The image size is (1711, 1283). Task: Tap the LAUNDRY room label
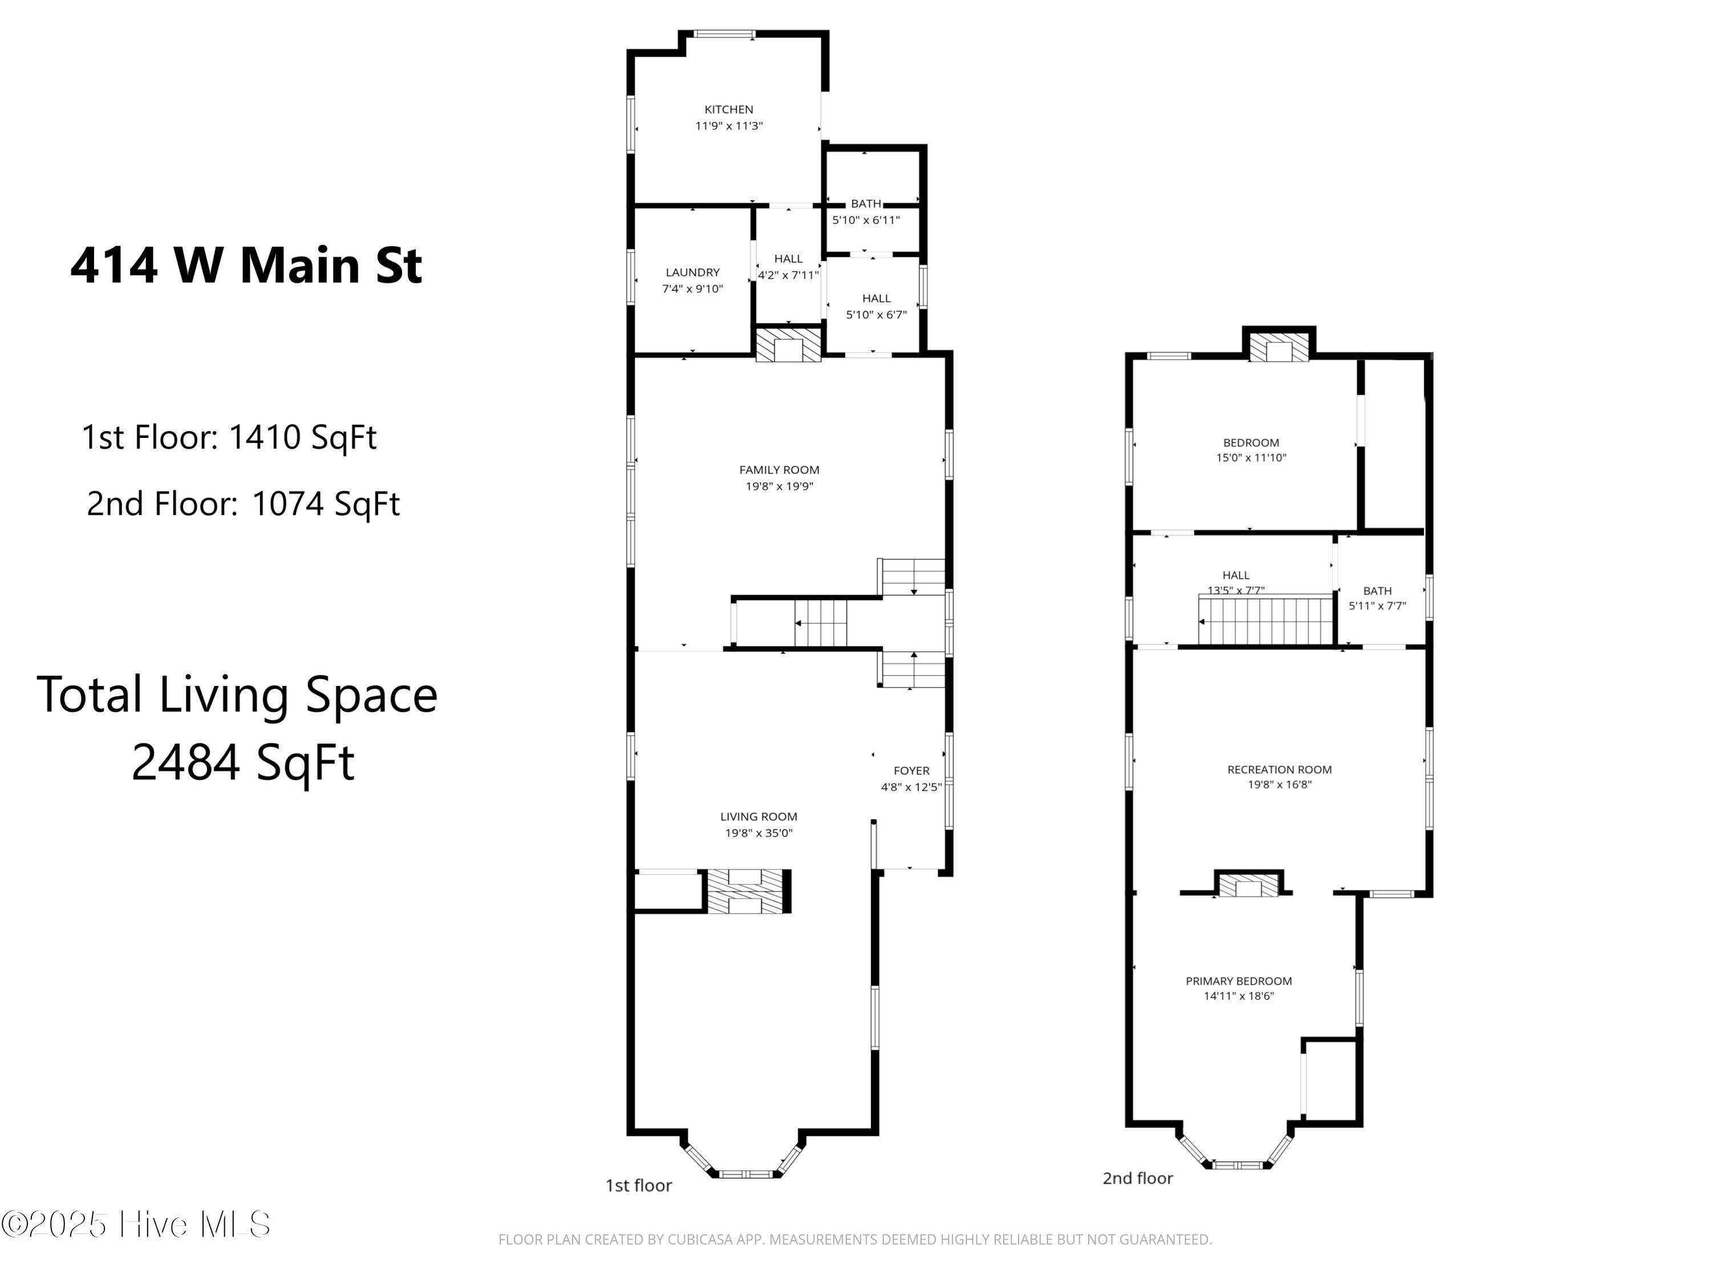coord(692,272)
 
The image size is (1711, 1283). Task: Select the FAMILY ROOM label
coord(779,469)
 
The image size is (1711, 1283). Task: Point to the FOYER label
coord(911,770)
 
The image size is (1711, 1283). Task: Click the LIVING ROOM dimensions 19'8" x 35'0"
coord(758,833)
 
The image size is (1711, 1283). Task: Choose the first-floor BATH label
coord(866,204)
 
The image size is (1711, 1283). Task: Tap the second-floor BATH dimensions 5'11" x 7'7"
coord(1377,606)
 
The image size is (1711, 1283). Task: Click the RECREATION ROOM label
coord(1279,769)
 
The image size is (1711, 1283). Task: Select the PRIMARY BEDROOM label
coord(1238,981)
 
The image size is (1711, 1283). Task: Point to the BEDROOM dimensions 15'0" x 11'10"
coord(1251,457)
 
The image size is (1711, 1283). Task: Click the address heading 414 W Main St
coord(246,265)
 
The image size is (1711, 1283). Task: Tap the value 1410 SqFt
coord(302,437)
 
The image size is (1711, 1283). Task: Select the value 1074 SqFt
coord(326,504)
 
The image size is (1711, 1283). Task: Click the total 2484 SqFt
coord(242,762)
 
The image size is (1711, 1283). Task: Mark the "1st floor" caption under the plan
coord(638,1185)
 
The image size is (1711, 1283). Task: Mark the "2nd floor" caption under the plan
coord(1137,1178)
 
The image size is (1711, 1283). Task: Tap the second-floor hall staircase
coord(1266,620)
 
